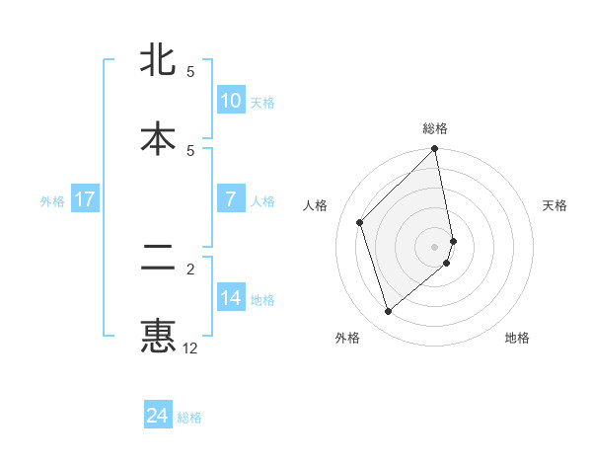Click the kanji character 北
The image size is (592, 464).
point(158,60)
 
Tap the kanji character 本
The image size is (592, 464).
point(158,138)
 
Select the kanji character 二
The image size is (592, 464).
point(158,259)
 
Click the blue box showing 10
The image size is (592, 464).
point(230,100)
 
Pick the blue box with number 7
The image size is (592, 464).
point(230,198)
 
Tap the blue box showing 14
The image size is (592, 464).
point(230,297)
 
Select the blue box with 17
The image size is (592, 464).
point(84,198)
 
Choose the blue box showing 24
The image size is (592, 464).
point(158,416)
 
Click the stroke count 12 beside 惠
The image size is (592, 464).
point(190,348)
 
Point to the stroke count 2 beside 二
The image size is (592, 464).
point(190,269)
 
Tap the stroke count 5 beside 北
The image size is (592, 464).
point(190,71)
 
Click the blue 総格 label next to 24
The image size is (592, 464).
point(189,418)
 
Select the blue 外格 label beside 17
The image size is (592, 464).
point(52,200)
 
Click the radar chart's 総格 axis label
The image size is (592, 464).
point(435,128)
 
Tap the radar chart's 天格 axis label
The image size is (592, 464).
point(555,205)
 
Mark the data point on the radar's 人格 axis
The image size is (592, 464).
point(360,222)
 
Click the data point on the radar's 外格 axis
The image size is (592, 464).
point(388,312)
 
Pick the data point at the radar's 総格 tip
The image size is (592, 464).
point(435,150)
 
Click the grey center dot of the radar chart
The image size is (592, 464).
point(435,246)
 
